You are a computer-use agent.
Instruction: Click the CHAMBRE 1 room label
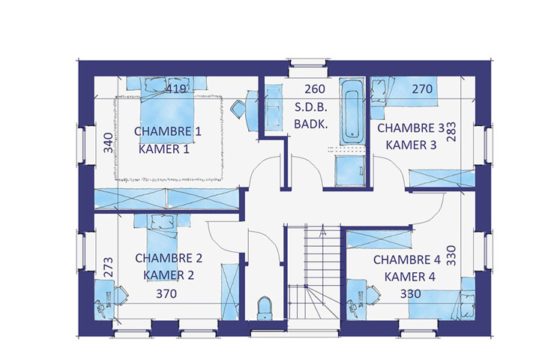pos(168,131)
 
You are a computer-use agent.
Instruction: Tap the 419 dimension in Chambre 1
pos(176,89)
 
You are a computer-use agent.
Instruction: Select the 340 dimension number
pos(108,142)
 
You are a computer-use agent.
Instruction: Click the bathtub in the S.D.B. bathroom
pos(352,112)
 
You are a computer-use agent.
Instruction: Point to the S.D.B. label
pos(311,107)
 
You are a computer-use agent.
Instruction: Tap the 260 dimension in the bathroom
pos(315,89)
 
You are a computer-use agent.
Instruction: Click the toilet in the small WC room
pos(265,308)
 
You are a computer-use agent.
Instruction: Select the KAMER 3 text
pos(411,145)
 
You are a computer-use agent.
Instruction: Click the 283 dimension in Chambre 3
pos(451,132)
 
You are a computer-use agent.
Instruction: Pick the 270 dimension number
pos(422,89)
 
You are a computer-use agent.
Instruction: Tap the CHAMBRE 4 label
pos(407,260)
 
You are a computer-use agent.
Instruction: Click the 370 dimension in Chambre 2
pos(166,294)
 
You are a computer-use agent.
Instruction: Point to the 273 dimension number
pos(108,267)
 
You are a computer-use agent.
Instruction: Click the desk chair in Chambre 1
pos(238,109)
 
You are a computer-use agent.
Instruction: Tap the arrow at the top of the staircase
pos(322,231)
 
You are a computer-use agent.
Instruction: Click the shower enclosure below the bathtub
pos(350,171)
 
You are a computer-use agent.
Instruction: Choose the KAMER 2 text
pos(169,275)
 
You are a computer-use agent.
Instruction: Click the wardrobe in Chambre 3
pos(442,178)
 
